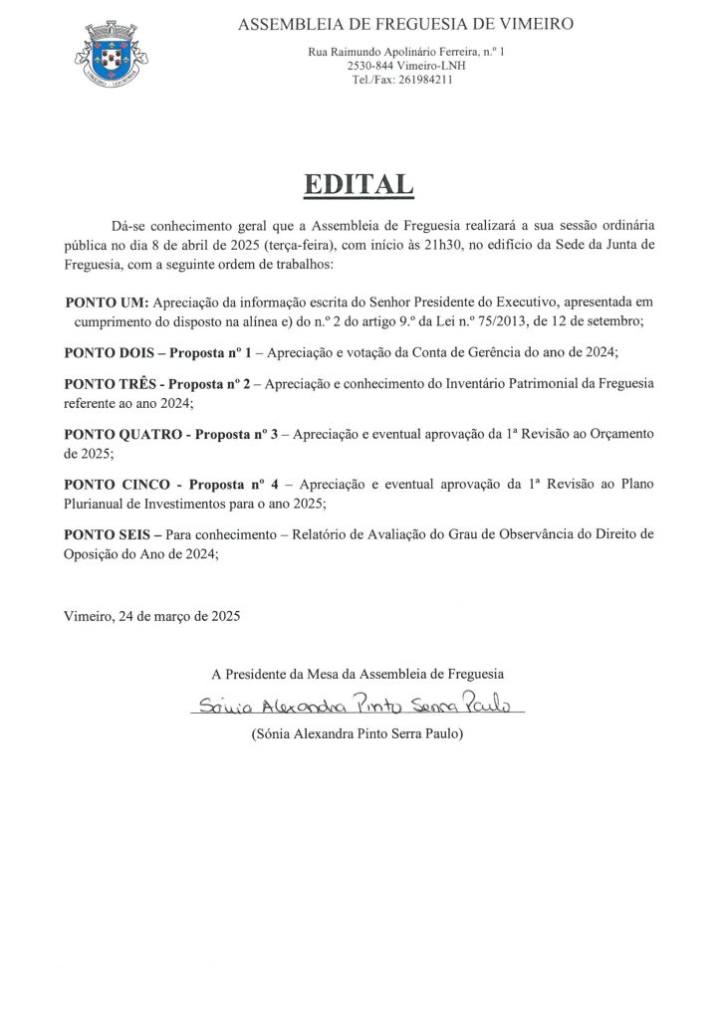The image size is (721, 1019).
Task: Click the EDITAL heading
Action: [x=358, y=184]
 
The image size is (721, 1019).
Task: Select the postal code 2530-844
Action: [x=367, y=66]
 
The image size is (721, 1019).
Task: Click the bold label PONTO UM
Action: [x=107, y=302]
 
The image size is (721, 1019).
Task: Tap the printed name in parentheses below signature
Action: [x=359, y=734]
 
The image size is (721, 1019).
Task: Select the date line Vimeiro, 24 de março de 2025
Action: [x=151, y=616]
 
